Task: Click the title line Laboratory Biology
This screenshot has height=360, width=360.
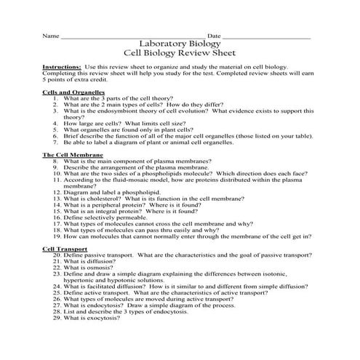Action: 180,43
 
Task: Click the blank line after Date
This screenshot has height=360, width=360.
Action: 267,36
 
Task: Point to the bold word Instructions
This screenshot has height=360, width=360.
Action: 63,66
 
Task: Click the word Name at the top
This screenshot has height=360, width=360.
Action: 49,35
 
